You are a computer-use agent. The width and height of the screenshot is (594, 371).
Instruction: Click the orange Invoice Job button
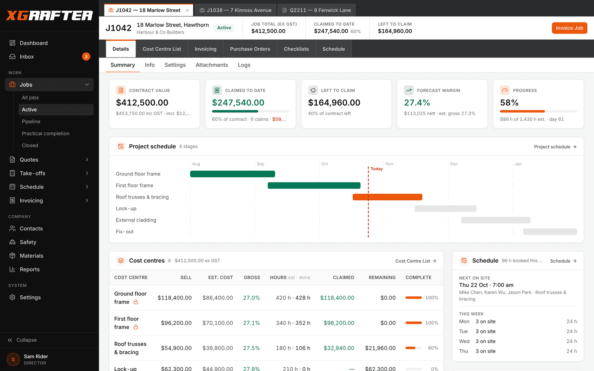pyautogui.click(x=569, y=28)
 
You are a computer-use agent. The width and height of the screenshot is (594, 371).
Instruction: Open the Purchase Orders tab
pyautogui.click(x=250, y=49)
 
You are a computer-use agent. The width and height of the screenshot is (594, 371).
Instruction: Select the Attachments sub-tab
pyautogui.click(x=212, y=65)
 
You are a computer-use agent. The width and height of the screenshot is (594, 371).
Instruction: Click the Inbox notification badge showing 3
pyautogui.click(x=86, y=56)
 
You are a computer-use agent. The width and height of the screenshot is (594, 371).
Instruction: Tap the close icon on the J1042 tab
pyautogui.click(x=187, y=10)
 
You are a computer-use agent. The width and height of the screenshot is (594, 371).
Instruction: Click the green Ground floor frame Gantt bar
pyautogui.click(x=232, y=174)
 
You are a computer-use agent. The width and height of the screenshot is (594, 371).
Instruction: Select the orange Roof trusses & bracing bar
pyautogui.click(x=388, y=197)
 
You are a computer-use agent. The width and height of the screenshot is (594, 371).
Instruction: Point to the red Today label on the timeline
pyautogui.click(x=376, y=169)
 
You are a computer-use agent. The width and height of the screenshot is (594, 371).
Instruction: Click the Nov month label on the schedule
pyautogui.click(x=389, y=164)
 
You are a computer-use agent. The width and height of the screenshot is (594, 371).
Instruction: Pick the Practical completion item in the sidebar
pyautogui.click(x=46, y=133)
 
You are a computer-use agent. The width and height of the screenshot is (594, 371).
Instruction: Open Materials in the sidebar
pyautogui.click(x=31, y=256)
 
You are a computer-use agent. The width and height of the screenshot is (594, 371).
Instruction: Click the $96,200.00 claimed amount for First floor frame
pyautogui.click(x=339, y=323)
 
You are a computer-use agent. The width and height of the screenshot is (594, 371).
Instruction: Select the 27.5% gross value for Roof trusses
pyautogui.click(x=251, y=348)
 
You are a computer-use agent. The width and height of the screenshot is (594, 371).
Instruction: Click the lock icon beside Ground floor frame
pyautogui.click(x=136, y=302)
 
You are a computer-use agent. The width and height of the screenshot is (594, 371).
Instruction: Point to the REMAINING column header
pyautogui.click(x=382, y=278)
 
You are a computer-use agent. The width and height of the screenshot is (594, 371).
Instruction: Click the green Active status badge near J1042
pyautogui.click(x=224, y=27)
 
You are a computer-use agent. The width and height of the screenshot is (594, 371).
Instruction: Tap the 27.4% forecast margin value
pyautogui.click(x=417, y=102)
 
